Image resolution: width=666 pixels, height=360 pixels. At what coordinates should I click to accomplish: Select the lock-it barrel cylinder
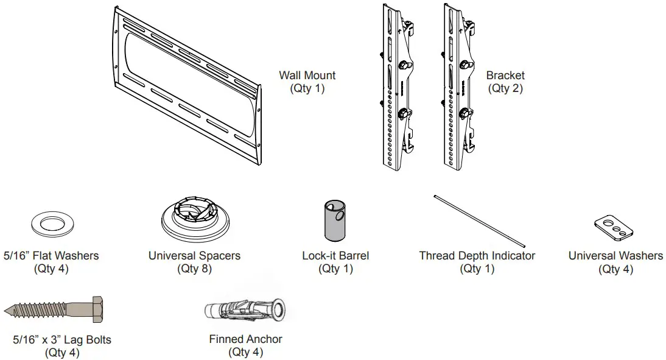pos(334,221)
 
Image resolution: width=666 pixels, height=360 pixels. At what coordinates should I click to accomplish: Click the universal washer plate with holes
pos(613,227)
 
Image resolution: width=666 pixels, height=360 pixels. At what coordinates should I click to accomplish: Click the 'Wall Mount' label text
pos(307,76)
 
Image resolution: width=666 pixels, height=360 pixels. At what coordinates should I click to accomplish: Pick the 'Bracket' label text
pos(505,76)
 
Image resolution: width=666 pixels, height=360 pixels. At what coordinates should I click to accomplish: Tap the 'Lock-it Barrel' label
pos(335,256)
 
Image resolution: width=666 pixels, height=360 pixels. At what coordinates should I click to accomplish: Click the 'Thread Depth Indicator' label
pos(477,256)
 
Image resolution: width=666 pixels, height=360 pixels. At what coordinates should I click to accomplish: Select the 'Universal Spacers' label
pos(194,256)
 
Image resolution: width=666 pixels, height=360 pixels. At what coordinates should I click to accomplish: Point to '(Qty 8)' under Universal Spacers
pos(194,269)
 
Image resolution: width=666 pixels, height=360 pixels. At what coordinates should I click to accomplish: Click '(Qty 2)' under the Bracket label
pos(505,88)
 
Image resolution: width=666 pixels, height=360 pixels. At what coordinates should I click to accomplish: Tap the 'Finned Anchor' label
pos(245,339)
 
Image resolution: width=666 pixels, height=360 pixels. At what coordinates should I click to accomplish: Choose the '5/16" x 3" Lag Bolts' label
pos(62,340)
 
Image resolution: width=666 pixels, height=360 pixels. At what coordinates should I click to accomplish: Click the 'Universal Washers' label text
pos(615,256)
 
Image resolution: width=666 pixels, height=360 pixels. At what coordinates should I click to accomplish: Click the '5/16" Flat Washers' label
pos(51,256)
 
